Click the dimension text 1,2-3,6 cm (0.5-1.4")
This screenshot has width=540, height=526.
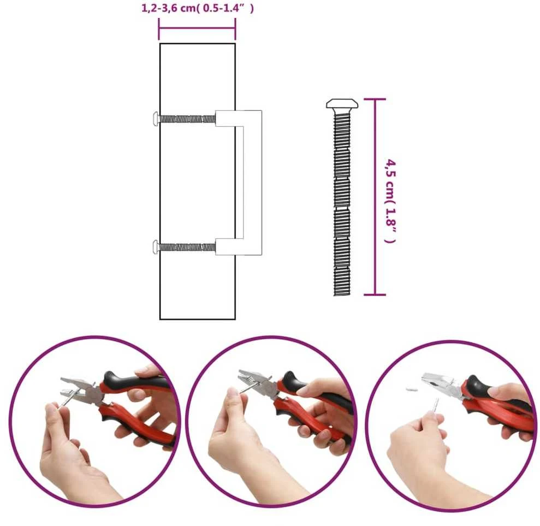(197, 8)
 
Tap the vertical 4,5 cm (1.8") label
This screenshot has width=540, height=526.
(390, 201)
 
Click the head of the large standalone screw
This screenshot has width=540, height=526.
(342, 103)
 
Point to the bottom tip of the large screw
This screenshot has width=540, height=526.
(342, 295)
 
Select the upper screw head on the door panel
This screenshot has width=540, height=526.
(156, 119)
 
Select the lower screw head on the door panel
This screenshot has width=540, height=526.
(156, 247)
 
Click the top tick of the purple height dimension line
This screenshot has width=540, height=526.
(375, 99)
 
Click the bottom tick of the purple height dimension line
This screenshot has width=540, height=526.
(375, 295)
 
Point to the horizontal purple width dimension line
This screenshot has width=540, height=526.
(197, 28)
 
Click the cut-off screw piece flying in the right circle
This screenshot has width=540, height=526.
(412, 389)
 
